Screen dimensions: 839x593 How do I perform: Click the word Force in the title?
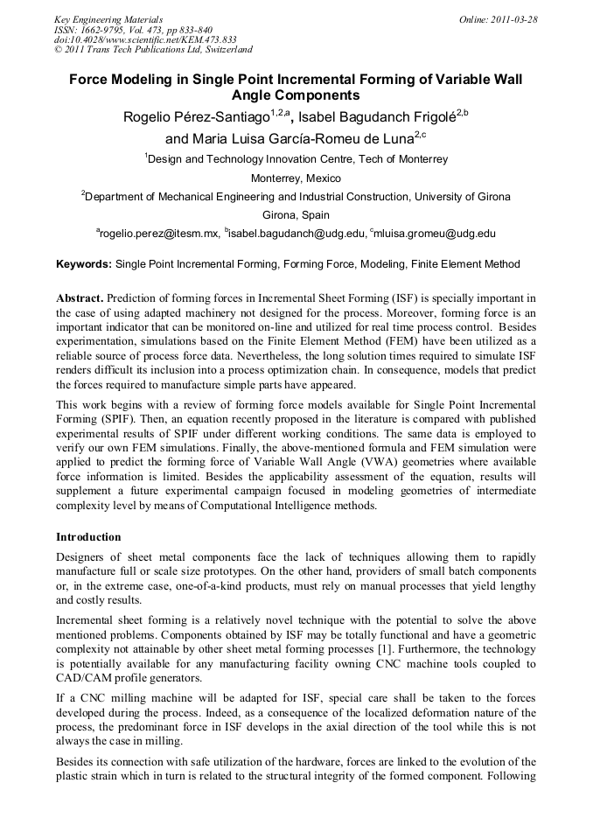pos(94,80)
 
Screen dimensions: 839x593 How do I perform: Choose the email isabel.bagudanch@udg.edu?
pos(296,234)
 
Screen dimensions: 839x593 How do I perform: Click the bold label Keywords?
pos(84,264)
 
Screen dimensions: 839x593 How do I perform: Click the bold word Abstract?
pos(80,298)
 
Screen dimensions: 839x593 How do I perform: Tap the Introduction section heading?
pos(88,536)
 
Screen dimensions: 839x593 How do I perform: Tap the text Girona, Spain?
pos(296,214)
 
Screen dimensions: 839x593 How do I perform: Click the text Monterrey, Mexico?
pos(296,178)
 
